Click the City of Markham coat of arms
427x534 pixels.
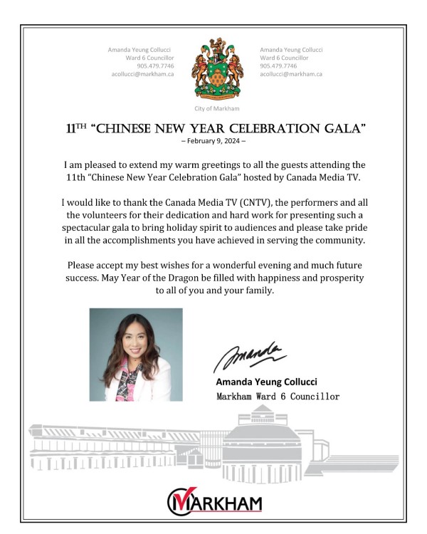[x=216, y=70]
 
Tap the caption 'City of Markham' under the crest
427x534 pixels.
[x=216, y=108]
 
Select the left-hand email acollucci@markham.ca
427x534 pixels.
[x=143, y=74]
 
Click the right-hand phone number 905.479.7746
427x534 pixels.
[x=278, y=66]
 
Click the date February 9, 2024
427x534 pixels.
[x=213, y=141]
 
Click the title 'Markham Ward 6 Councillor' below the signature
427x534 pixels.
[x=278, y=396]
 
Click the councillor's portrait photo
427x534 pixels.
[x=135, y=354]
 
